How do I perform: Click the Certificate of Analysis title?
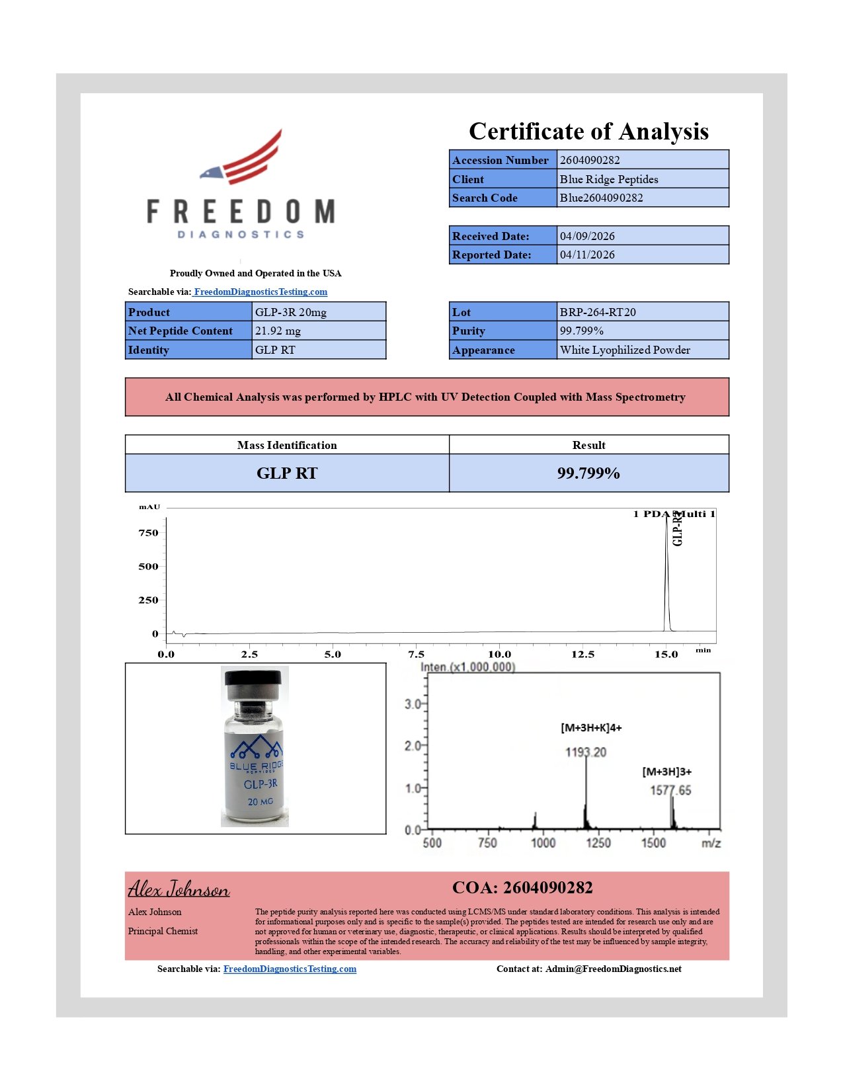(588, 132)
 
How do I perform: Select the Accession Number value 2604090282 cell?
(642, 160)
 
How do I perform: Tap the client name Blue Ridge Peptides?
(609, 179)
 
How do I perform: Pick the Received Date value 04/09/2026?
(587, 236)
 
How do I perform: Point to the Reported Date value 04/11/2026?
(587, 255)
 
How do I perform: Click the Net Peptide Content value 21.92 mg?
(278, 331)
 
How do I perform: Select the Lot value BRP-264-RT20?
(598, 312)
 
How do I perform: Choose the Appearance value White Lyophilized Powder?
(625, 350)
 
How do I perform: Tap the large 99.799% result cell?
(588, 473)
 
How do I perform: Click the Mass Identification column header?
(287, 445)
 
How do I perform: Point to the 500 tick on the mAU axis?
(148, 567)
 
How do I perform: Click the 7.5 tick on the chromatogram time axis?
(416, 655)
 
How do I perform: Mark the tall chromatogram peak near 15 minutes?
(666, 569)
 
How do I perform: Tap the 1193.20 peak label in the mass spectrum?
(586, 752)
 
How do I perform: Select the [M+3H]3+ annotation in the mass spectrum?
(666, 772)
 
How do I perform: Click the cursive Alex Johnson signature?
(179, 889)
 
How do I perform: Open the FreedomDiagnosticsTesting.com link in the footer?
(290, 969)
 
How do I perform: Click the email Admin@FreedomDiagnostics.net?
(613, 969)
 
